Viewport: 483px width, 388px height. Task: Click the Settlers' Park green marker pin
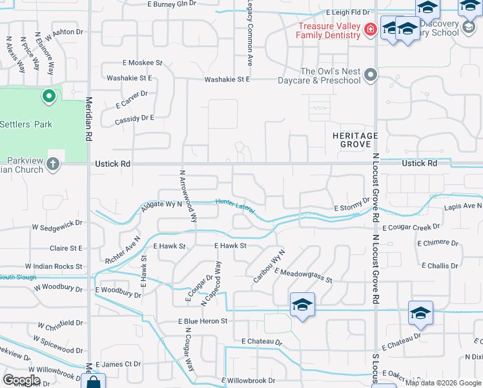click(48, 98)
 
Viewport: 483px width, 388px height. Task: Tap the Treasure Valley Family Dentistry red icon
click(370, 29)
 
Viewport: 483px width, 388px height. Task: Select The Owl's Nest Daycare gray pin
click(371, 76)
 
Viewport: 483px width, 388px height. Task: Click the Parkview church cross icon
click(52, 164)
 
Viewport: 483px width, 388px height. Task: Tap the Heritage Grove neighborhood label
click(355, 140)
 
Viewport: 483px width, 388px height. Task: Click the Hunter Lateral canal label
click(235, 206)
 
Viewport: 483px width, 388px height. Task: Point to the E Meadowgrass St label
click(303, 275)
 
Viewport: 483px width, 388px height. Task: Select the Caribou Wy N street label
click(269, 265)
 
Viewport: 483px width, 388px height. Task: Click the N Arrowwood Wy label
click(187, 195)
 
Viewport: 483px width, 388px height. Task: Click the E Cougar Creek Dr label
click(411, 227)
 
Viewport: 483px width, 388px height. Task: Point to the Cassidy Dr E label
click(134, 118)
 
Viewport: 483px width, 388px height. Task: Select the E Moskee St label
click(142, 63)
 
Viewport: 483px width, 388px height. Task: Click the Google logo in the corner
click(21, 380)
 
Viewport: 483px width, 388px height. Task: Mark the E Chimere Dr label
click(439, 243)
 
